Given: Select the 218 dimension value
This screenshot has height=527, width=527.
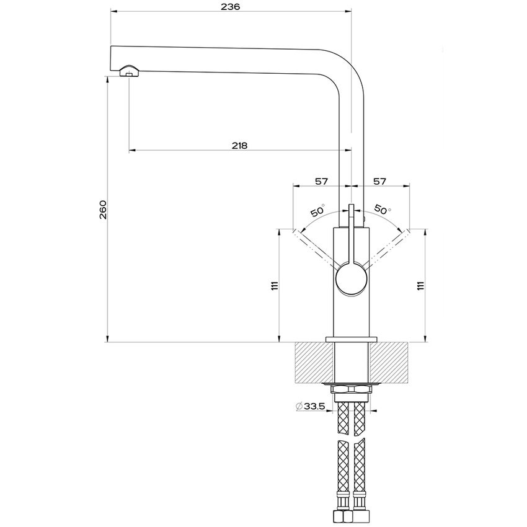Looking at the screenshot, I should (239, 146).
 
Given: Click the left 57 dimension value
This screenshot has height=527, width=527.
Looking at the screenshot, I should (321, 181).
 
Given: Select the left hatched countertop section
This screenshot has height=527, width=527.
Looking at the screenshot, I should (314, 363).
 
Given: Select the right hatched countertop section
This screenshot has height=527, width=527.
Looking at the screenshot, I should (389, 363).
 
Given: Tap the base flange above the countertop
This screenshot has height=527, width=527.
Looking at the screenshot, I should (351, 338).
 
